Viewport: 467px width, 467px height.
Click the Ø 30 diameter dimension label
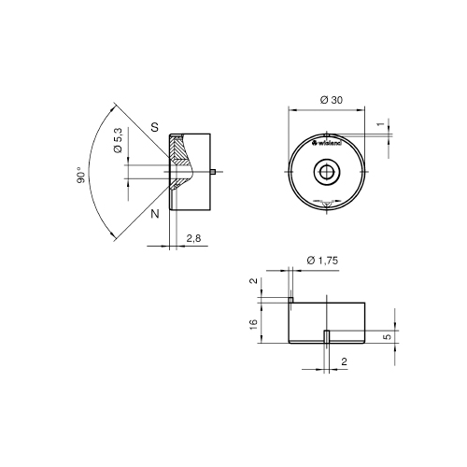(332, 100)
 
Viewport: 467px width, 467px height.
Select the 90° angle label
(80, 175)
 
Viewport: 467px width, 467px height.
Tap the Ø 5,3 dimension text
(119, 140)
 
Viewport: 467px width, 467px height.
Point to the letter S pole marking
(155, 127)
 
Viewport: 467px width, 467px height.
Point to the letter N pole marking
(155, 214)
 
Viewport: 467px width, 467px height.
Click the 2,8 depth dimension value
(193, 238)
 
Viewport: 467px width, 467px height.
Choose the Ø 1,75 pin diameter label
(322, 261)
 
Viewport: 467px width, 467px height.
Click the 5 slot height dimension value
(388, 336)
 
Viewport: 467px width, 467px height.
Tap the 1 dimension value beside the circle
(380, 124)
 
